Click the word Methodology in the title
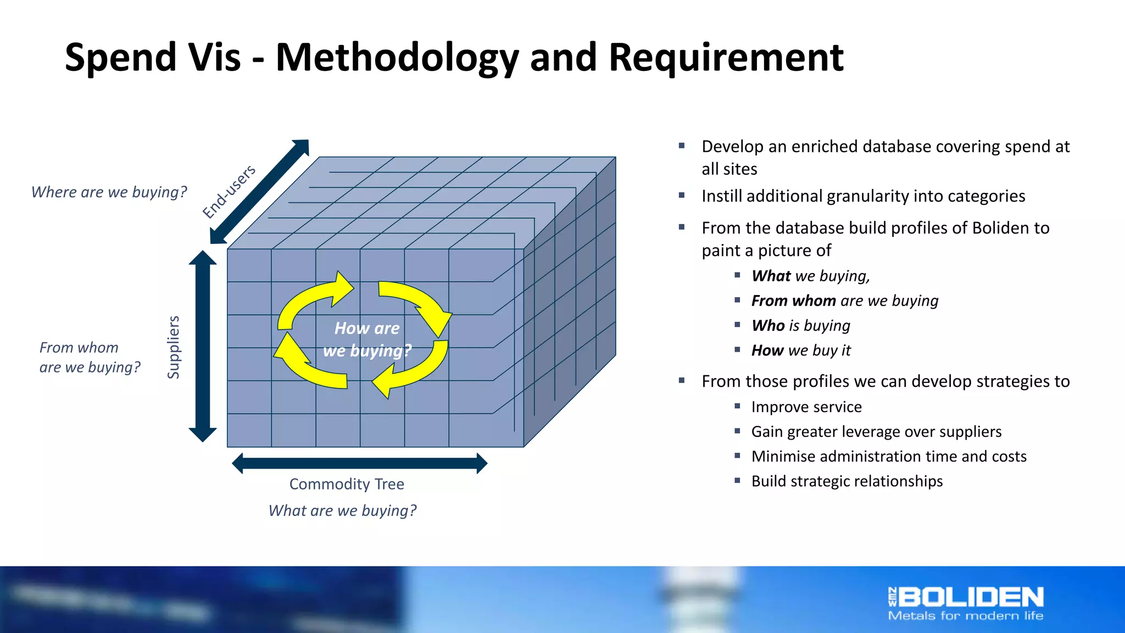tap(397, 58)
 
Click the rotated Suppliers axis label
tap(174, 347)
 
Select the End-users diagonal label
tap(229, 191)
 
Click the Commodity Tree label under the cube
tap(347, 484)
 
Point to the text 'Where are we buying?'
tap(109, 192)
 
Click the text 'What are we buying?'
tap(342, 510)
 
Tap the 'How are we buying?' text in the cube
tap(367, 340)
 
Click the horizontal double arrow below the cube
tap(359, 463)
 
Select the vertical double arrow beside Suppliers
tap(203, 346)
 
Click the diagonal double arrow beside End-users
tap(260, 191)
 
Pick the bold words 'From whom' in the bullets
tap(793, 301)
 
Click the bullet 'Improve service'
tap(806, 407)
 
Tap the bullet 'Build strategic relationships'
tap(846, 481)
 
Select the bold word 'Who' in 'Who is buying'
tap(768, 326)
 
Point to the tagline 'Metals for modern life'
tap(965, 616)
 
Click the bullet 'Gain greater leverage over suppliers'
tap(876, 432)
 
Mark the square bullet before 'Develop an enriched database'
tap(682, 146)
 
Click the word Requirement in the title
tap(726, 58)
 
